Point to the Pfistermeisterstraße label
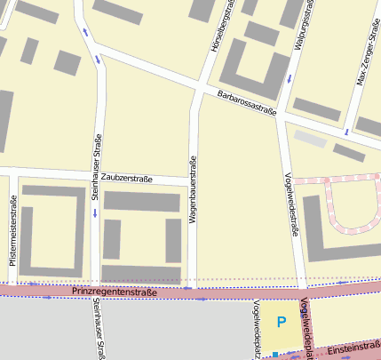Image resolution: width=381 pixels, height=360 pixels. [x=12, y=232]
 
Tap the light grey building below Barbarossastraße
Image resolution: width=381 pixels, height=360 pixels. [x=311, y=139]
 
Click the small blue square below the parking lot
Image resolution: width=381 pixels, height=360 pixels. [x=276, y=355]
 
